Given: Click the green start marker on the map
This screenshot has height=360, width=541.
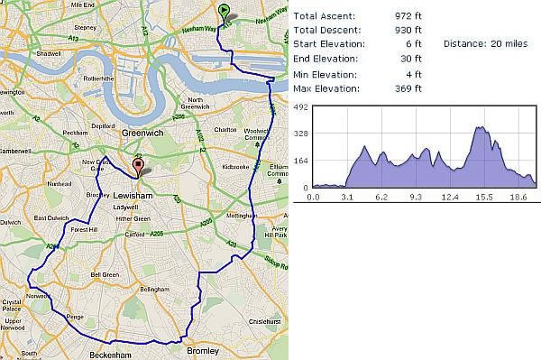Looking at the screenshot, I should [225, 11].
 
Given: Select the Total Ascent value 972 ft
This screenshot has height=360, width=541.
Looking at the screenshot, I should [408, 16].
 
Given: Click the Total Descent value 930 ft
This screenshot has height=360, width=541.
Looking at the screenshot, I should [408, 31].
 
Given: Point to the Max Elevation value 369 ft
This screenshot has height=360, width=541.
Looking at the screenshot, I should [408, 88].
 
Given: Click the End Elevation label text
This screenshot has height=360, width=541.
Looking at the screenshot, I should [326, 60].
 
